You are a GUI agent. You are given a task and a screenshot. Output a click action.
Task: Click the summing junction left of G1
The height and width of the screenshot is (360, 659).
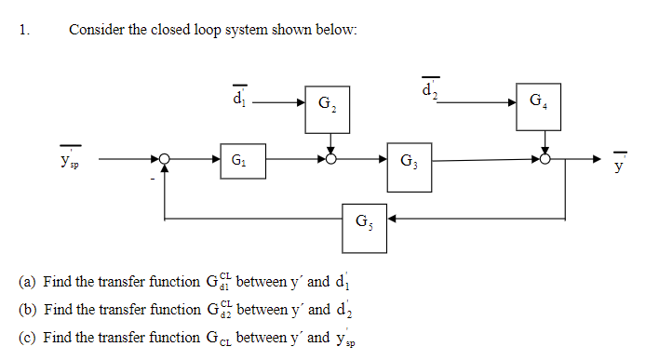[165, 160]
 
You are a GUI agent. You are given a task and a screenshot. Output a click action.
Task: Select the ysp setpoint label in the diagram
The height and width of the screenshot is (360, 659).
[70, 160]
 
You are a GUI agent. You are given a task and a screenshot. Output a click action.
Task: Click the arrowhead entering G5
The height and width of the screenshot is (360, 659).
[392, 220]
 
